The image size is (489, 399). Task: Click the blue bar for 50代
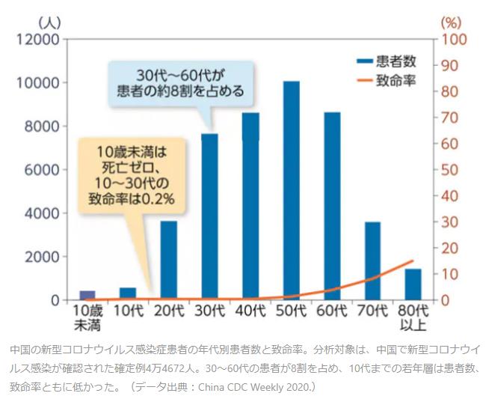[x=291, y=190]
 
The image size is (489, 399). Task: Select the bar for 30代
[x=209, y=216]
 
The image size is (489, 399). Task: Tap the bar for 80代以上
[x=413, y=284]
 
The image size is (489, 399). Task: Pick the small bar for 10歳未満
[x=87, y=295]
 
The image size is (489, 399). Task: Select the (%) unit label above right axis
[x=452, y=20]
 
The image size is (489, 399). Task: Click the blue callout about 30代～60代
[x=180, y=83]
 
